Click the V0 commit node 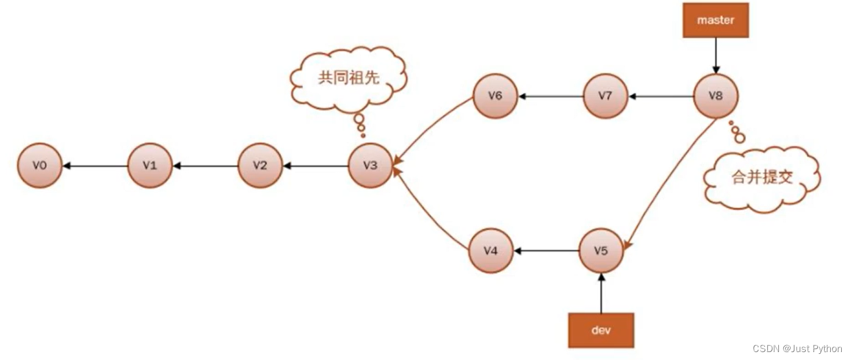(40, 165)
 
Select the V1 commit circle (150, 165)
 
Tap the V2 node (260, 165)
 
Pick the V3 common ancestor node (370, 165)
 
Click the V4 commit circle (491, 251)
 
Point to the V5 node (601, 251)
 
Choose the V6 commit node (495, 96)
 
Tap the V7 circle (606, 96)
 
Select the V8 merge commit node (716, 96)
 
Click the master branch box (715, 20)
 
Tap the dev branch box (601, 330)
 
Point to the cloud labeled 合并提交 (762, 178)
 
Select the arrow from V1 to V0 (95, 165)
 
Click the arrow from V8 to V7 (661, 96)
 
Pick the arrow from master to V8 (716, 56)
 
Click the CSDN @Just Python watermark (797, 349)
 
